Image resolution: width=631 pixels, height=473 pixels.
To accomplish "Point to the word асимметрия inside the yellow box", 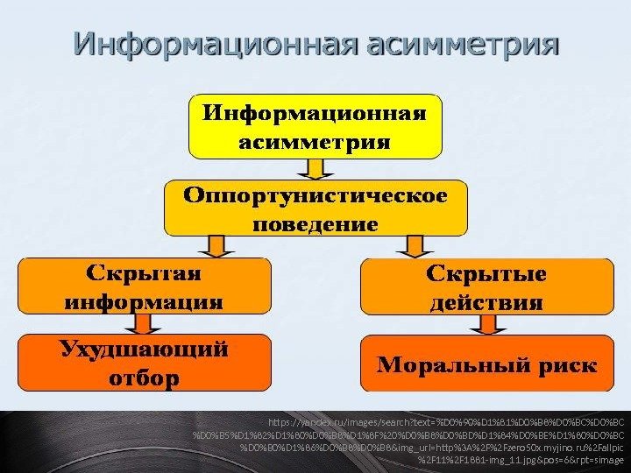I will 316,142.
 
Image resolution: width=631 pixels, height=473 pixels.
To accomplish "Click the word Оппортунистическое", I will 316,194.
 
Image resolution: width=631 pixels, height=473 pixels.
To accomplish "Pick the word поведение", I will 316,223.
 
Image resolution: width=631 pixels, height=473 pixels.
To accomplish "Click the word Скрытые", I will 486,273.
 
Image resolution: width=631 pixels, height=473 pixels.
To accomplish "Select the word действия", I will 486,303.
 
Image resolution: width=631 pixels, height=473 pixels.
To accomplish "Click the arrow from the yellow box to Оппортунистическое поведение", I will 316,168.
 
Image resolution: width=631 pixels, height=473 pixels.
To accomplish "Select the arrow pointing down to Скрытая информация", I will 213,244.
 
